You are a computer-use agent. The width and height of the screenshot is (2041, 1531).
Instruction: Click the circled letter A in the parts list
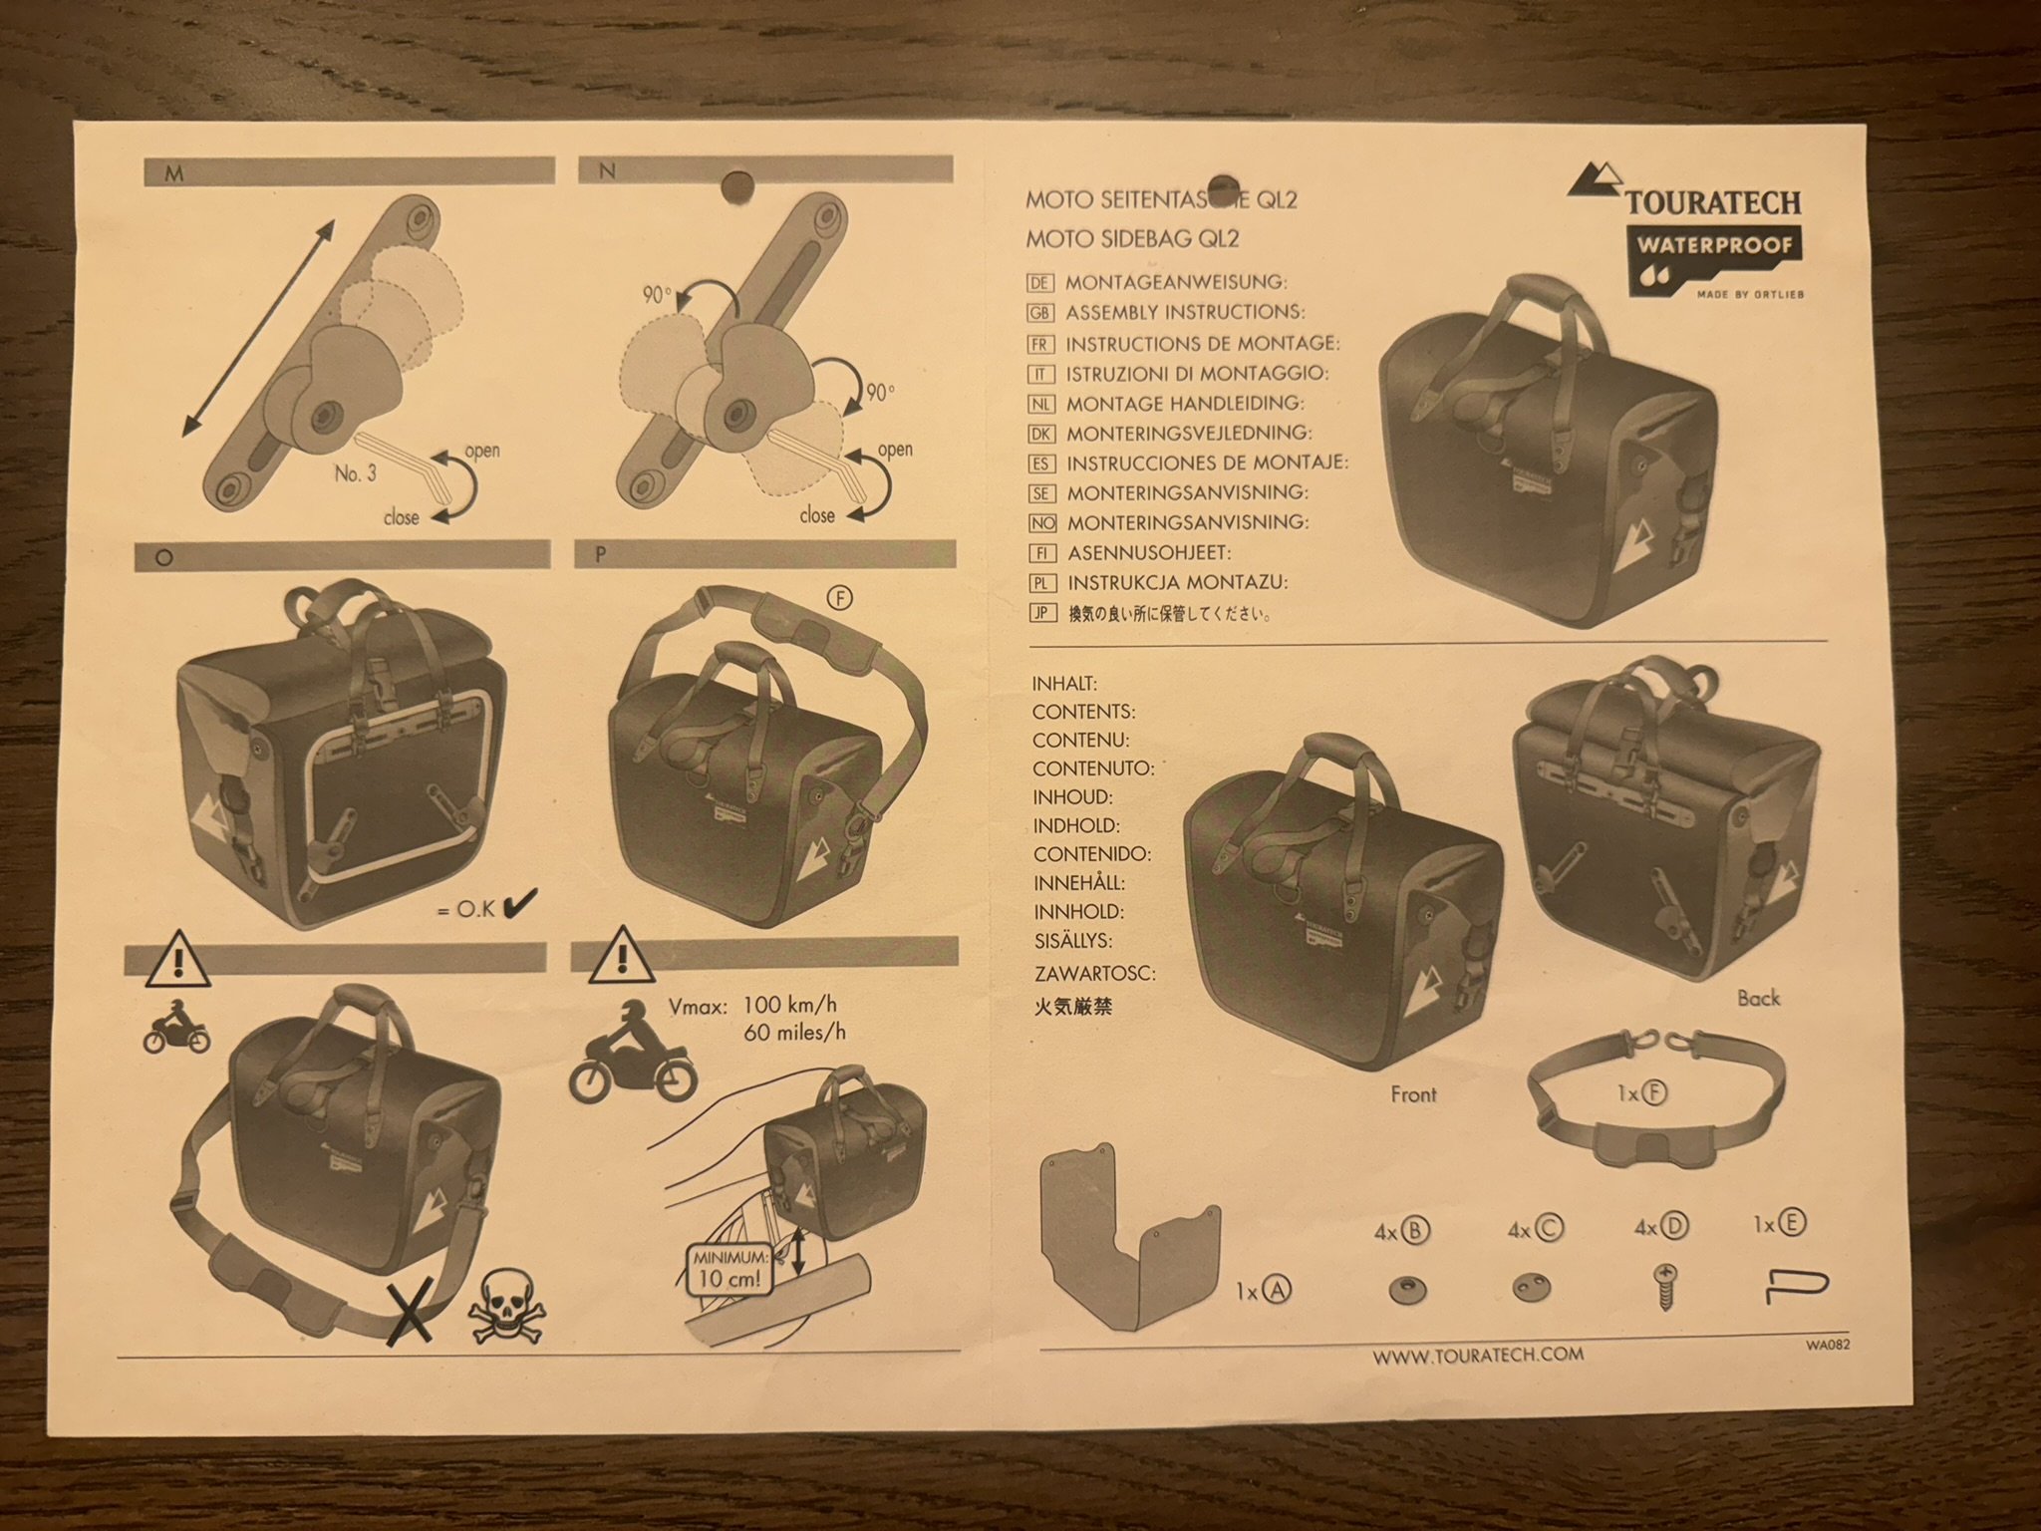(1277, 1292)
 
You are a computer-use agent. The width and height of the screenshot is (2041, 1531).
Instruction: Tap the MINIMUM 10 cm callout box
(732, 1268)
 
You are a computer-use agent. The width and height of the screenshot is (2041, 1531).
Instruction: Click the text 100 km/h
(789, 1004)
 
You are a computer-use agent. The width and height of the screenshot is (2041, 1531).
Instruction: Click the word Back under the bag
(1758, 998)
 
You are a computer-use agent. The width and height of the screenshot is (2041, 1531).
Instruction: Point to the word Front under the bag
(1413, 1094)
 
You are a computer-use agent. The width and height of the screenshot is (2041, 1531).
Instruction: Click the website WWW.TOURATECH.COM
(1478, 1356)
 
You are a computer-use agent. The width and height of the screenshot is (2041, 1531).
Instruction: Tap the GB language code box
(1040, 313)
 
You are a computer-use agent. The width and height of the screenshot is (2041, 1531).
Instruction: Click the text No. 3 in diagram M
(355, 473)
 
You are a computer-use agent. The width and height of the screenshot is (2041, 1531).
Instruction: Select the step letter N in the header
(607, 171)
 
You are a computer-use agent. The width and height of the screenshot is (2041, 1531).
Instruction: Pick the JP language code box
(1042, 613)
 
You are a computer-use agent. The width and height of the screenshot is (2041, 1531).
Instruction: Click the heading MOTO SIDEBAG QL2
(1132, 239)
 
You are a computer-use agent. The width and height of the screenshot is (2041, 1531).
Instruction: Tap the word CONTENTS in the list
(1083, 712)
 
